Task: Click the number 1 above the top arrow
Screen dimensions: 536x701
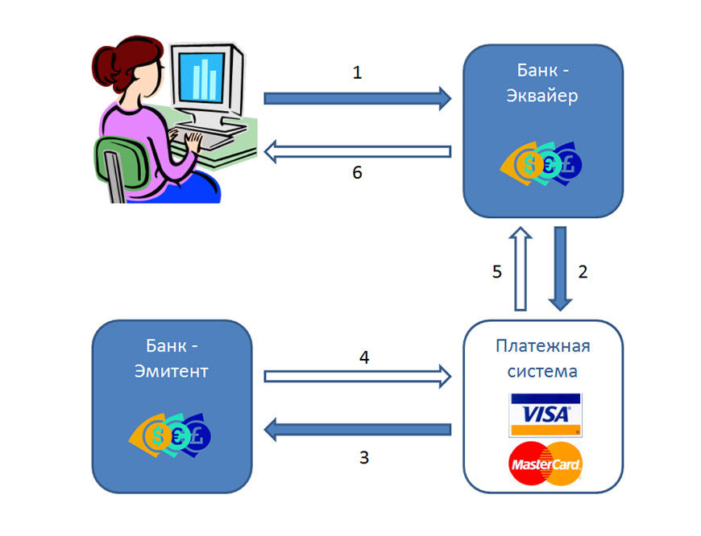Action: [x=358, y=72]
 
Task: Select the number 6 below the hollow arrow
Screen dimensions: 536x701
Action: [x=358, y=172]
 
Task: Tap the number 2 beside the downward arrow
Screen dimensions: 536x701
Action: [x=583, y=271]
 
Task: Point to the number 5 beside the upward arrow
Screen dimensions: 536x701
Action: [x=497, y=271]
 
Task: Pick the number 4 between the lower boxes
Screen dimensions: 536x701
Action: [x=364, y=357]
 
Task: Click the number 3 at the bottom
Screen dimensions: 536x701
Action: [x=364, y=457]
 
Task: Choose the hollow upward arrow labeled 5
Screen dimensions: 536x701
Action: [x=521, y=268]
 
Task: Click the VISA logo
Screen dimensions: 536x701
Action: [x=545, y=414]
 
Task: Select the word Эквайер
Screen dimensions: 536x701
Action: [x=542, y=97]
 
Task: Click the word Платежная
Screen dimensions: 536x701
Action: [x=542, y=347]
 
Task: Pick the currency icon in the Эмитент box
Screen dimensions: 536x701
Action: [x=171, y=435]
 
